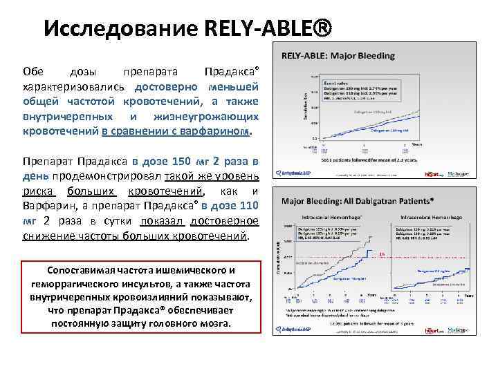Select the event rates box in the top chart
click(343, 88)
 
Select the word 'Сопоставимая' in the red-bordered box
click(80, 269)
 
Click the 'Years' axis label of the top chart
click(416, 144)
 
